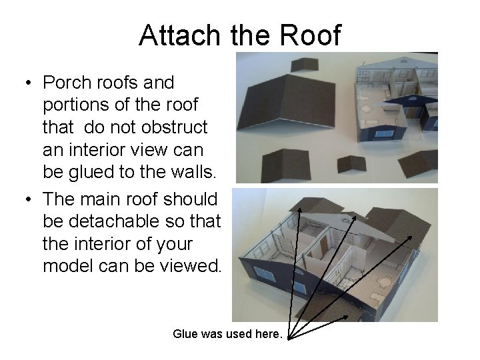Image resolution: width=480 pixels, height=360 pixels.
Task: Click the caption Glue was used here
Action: coord(227,333)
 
